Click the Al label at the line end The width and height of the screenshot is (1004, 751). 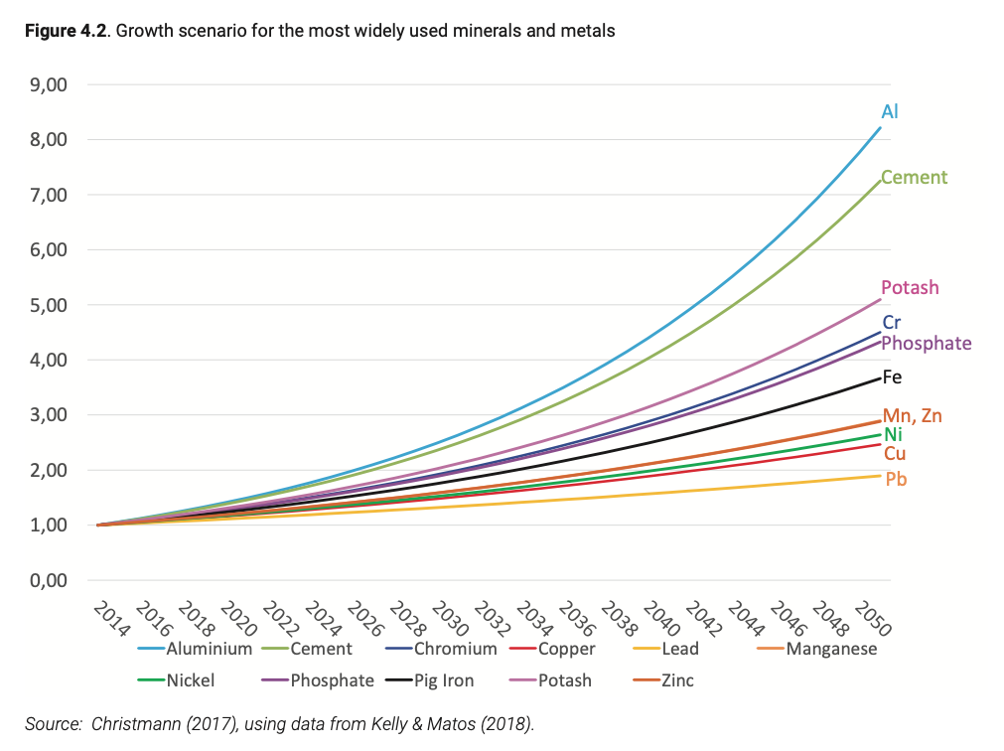pyautogui.click(x=889, y=111)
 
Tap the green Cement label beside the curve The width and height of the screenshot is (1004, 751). pyautogui.click(x=914, y=178)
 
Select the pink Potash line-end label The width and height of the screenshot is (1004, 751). pyautogui.click(x=910, y=287)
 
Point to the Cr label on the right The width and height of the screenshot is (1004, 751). pyautogui.click(x=891, y=323)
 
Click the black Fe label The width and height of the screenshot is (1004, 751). pyautogui.click(x=891, y=377)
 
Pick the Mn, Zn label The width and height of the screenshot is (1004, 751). pyautogui.click(x=912, y=415)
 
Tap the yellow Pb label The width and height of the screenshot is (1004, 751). pyautogui.click(x=896, y=479)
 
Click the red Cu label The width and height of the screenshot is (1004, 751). pyautogui.click(x=894, y=454)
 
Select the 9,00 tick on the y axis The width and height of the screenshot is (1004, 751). pyautogui.click(x=49, y=85)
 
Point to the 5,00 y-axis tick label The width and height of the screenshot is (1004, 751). pyautogui.click(x=49, y=305)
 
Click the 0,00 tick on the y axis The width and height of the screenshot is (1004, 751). pyautogui.click(x=49, y=580)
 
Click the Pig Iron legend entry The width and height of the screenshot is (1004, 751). pyautogui.click(x=441, y=680)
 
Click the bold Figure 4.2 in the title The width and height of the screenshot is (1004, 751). pyautogui.click(x=66, y=31)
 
